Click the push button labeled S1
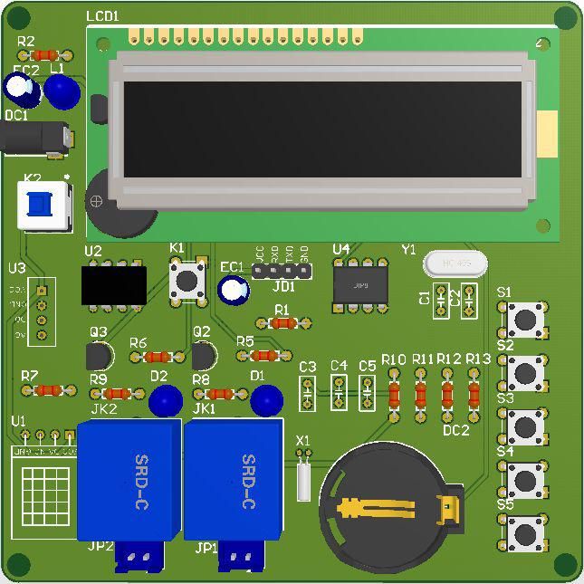point(525,319)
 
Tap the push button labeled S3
point(525,426)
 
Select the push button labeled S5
point(525,532)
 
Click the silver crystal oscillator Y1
point(455,263)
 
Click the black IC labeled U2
point(113,285)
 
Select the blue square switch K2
point(43,205)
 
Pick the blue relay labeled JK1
point(233,480)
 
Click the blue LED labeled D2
point(166,399)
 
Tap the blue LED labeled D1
point(266,399)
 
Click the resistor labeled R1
point(282,323)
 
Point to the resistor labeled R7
point(48,390)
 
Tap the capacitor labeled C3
point(307,393)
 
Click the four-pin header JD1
point(282,270)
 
